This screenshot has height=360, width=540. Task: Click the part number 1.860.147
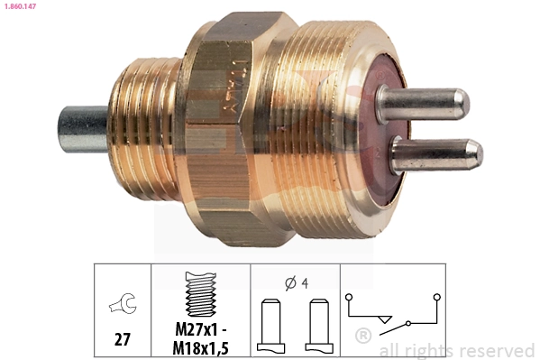(23, 6)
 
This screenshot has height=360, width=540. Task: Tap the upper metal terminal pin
(424, 102)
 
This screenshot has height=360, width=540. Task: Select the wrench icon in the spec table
(121, 307)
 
